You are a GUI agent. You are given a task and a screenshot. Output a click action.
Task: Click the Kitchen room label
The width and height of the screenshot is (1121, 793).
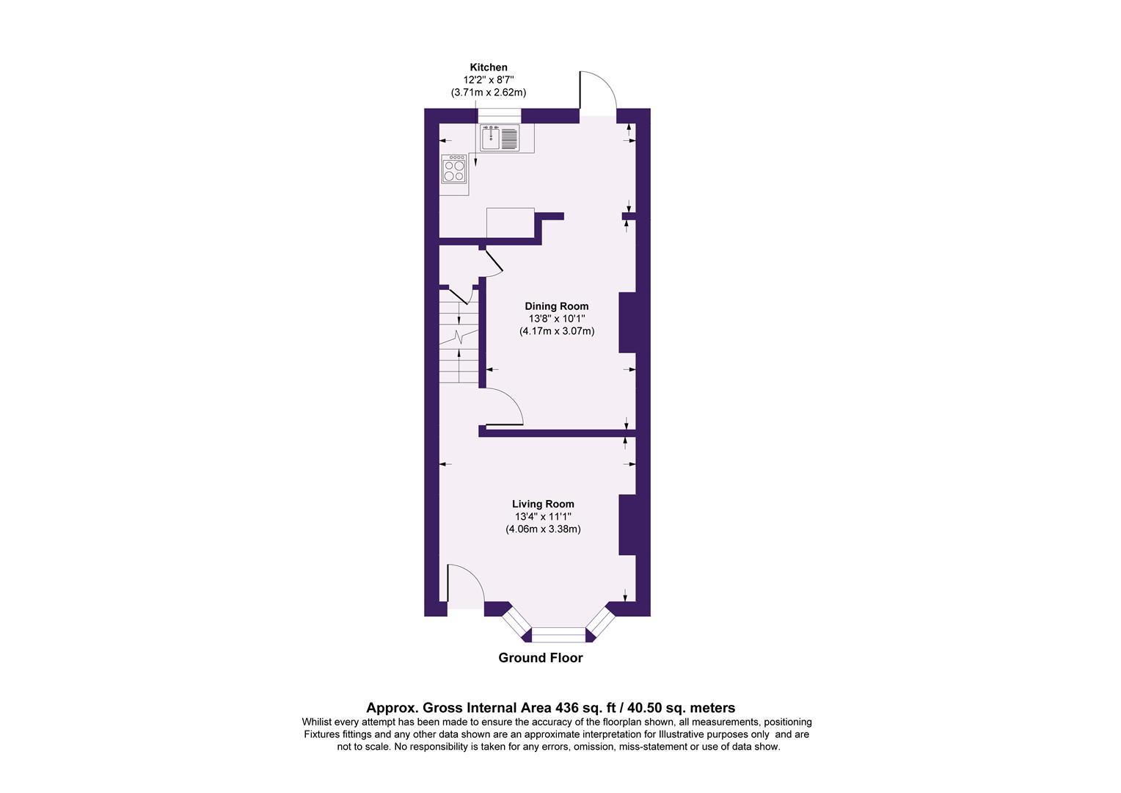pyautogui.click(x=488, y=68)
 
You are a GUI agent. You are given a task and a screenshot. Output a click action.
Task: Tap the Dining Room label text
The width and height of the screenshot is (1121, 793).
pyautogui.click(x=556, y=306)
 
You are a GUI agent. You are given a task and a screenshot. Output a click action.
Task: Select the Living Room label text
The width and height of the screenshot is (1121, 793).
pyautogui.click(x=543, y=504)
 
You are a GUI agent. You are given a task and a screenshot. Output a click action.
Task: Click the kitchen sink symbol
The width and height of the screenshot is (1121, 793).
pyautogui.click(x=500, y=137)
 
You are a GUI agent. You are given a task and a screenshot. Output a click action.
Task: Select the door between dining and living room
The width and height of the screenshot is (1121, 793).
pyautogui.click(x=503, y=408)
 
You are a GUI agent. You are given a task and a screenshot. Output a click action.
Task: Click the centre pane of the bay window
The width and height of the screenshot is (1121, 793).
pyautogui.click(x=559, y=634)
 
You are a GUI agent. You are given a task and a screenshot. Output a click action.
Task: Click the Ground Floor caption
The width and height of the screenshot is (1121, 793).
pyautogui.click(x=541, y=658)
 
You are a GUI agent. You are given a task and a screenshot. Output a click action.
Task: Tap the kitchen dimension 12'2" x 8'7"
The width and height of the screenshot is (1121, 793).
pyautogui.click(x=488, y=80)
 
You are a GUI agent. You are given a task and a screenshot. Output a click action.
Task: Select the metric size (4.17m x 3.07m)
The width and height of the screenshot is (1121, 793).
pyautogui.click(x=557, y=331)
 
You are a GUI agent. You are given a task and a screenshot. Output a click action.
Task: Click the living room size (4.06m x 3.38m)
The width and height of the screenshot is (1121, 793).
pyautogui.click(x=543, y=529)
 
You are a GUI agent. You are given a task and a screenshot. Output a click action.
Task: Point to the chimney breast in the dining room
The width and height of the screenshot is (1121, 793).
pyautogui.click(x=627, y=322)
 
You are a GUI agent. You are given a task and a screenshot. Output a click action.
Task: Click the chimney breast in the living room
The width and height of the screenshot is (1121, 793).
pyautogui.click(x=627, y=524)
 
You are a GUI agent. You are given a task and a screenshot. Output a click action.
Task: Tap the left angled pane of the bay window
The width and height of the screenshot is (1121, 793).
pyautogui.click(x=516, y=622)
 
